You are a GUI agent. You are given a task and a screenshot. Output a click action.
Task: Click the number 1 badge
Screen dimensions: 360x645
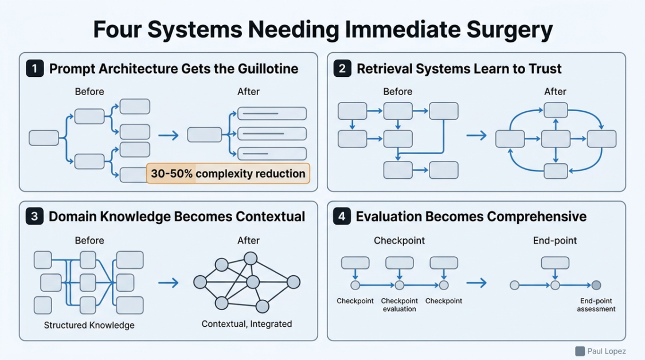[34, 69]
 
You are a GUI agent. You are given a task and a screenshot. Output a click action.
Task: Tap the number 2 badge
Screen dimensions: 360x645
[342, 69]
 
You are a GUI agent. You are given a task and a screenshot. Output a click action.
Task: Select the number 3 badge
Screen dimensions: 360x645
[34, 217]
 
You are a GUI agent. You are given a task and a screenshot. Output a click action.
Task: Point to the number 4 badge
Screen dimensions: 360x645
[342, 217]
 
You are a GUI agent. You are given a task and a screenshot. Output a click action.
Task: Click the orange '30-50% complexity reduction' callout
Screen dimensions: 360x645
[228, 173]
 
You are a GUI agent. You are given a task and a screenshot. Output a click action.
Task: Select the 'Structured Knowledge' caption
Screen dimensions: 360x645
[89, 325]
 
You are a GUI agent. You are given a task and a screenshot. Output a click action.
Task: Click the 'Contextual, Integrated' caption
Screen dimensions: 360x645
[247, 324]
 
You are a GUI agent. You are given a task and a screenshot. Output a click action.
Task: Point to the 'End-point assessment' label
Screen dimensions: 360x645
[596, 305]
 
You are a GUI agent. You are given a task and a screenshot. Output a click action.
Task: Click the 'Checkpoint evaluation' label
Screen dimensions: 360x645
[399, 305]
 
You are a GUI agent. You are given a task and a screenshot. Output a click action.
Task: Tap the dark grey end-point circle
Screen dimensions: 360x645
[596, 285]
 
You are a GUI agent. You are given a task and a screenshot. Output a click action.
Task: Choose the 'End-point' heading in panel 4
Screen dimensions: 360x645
[555, 240]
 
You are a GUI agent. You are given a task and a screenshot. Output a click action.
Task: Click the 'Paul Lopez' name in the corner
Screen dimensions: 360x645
[607, 351]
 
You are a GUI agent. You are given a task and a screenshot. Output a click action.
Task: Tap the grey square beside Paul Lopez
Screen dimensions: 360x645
[580, 351]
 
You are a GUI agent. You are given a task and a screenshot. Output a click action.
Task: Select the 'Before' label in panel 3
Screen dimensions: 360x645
[89, 240]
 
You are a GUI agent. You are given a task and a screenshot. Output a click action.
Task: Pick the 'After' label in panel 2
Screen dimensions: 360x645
[555, 92]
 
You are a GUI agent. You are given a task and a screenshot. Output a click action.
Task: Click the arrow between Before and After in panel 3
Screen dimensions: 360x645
[169, 282]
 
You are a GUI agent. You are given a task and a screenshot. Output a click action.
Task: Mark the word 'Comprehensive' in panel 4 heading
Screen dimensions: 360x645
[536, 217]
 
